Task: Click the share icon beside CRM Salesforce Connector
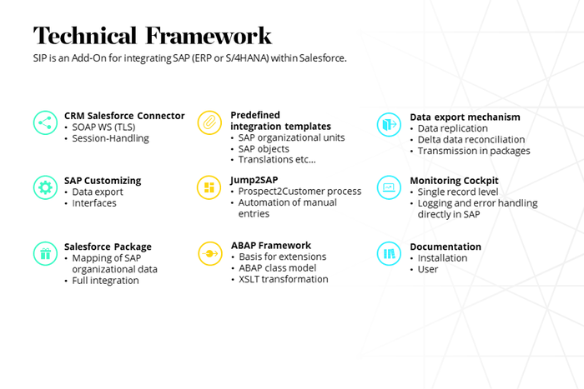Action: (x=45, y=122)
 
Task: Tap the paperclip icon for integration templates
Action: (x=209, y=122)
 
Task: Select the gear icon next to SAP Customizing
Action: (x=45, y=187)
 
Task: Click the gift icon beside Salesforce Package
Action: (x=45, y=253)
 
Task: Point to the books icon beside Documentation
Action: (x=389, y=253)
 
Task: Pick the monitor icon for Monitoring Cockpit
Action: (x=389, y=187)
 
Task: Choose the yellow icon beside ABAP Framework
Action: (x=210, y=253)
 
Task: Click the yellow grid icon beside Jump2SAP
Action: (x=209, y=187)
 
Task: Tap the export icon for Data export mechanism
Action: (x=389, y=124)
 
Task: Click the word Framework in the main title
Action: (x=209, y=36)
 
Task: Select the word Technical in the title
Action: (x=85, y=36)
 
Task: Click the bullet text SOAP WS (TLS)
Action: (x=103, y=127)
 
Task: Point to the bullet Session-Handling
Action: (x=110, y=138)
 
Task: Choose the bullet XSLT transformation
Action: (x=284, y=279)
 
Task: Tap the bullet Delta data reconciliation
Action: (x=471, y=139)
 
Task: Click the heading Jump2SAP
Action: (x=254, y=180)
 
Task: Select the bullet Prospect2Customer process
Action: (x=300, y=191)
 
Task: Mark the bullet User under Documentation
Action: (x=427, y=269)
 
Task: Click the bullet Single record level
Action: (x=458, y=192)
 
